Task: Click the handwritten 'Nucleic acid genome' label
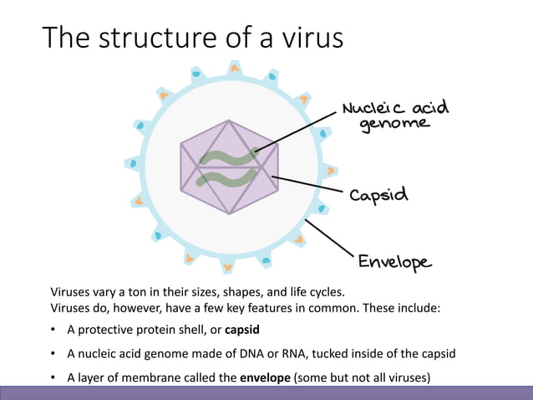coord(395,116)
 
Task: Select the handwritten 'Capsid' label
coord(378,195)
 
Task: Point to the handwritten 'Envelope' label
coord(394,262)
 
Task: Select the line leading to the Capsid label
coord(309,185)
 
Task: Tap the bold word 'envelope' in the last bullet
coord(264,377)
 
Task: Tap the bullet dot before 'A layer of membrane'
coord(54,377)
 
